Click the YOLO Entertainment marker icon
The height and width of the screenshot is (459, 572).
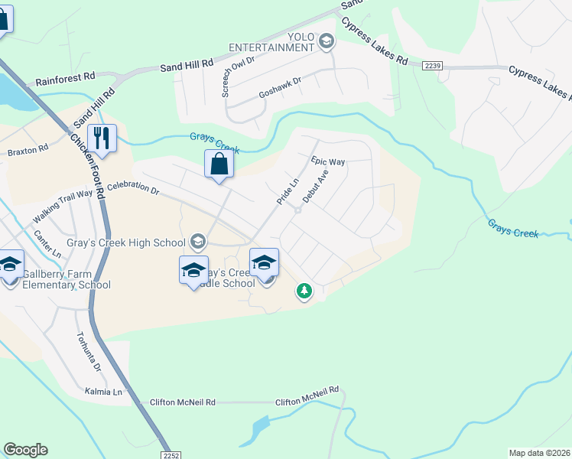[x=327, y=41]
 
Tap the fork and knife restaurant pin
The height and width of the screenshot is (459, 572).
[x=102, y=138]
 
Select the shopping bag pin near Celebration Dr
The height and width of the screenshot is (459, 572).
[x=219, y=164]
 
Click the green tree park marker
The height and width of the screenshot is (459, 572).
[x=304, y=291]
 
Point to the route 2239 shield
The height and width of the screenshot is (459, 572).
[x=432, y=67]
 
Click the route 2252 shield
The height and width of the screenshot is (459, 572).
[x=172, y=454]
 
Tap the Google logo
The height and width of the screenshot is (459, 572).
[x=25, y=450]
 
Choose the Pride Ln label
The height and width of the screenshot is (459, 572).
[x=287, y=191]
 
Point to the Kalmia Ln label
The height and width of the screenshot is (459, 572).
[x=106, y=392]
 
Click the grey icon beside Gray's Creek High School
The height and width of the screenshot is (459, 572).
[x=197, y=243]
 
